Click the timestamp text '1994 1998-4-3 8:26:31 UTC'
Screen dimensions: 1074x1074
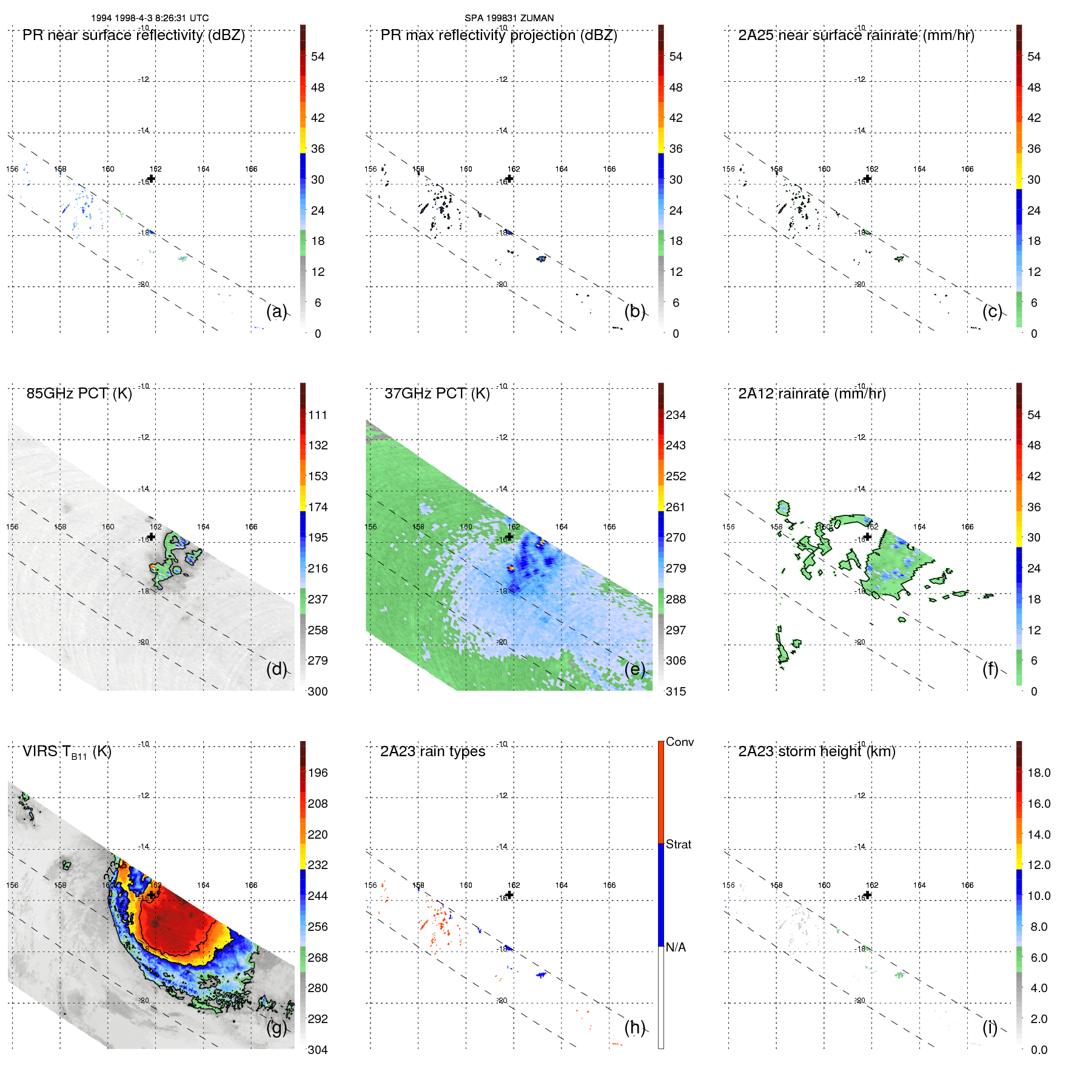[150, 18]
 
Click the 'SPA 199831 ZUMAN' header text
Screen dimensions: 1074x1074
[509, 18]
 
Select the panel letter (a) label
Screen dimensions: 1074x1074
[276, 311]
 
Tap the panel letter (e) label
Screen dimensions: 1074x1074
[634, 669]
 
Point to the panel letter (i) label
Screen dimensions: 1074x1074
[990, 1027]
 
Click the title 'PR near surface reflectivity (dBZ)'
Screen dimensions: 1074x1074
[133, 35]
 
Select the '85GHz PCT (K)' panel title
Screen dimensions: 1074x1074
[79, 394]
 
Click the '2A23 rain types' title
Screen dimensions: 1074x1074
[432, 751]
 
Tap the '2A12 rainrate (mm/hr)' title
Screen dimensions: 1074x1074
[811, 394]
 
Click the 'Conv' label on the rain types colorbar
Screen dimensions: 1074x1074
[679, 742]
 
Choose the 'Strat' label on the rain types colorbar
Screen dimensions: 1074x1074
[678, 844]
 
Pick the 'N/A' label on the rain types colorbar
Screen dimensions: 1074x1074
[675, 947]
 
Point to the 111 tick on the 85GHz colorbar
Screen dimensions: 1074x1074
[318, 415]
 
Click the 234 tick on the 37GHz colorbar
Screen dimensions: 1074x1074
[676, 415]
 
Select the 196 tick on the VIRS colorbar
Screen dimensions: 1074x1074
[318, 773]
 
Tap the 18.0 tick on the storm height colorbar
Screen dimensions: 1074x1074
[1038, 773]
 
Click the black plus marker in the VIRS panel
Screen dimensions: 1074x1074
[151, 895]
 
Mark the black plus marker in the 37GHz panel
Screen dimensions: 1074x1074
[509, 537]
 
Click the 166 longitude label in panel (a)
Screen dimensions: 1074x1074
[251, 169]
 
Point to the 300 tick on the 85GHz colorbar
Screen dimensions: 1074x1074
[318, 691]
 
